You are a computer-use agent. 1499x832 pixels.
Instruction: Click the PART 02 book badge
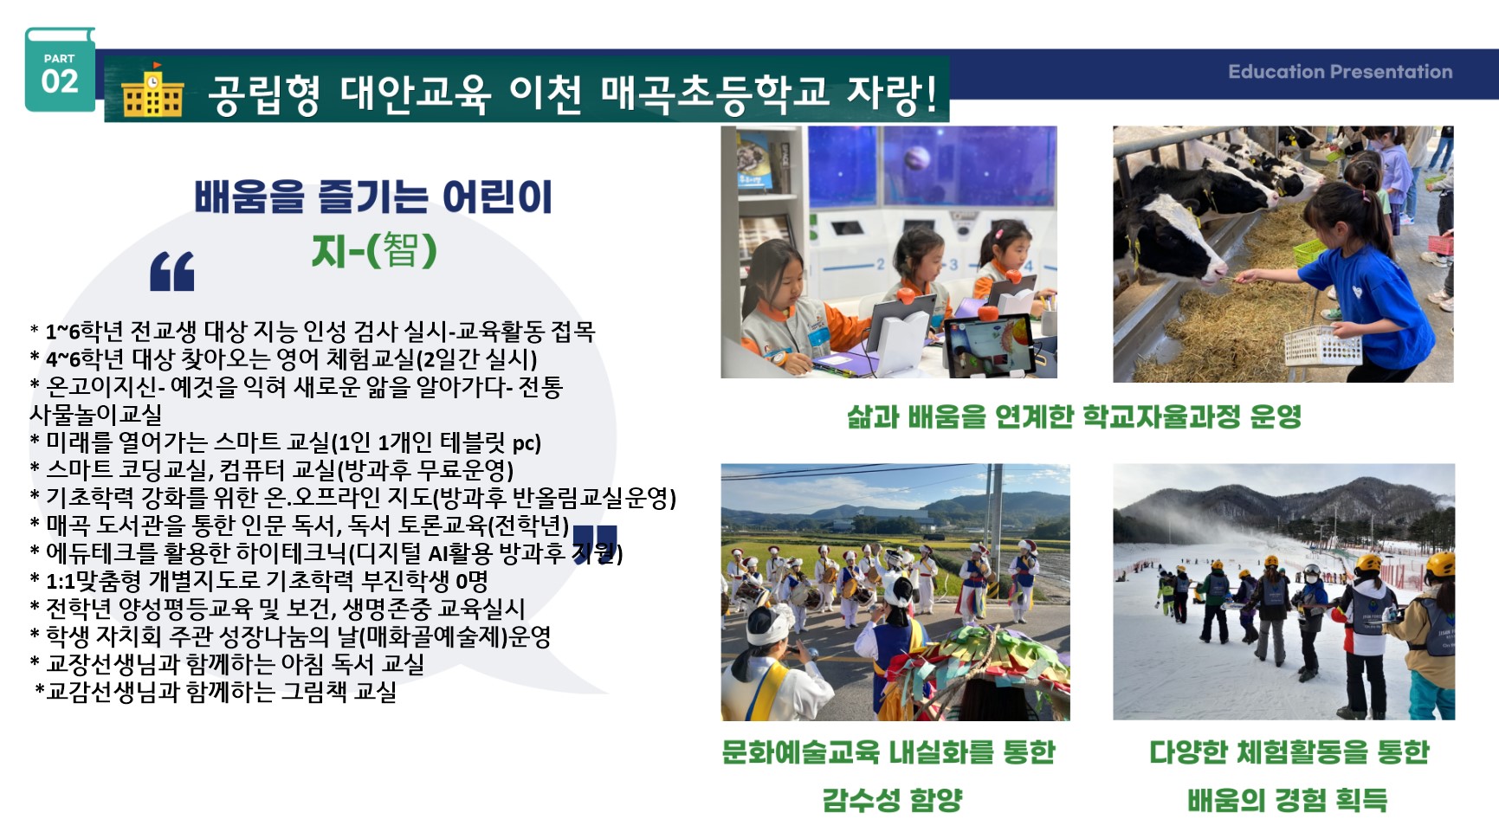click(x=60, y=69)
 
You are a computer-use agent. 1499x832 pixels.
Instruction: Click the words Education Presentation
click(x=1340, y=72)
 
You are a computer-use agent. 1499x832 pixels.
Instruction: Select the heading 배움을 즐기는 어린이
click(x=373, y=197)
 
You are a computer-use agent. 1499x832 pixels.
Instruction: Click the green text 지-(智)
click(x=374, y=250)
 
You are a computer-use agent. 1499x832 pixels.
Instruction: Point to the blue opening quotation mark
click(x=172, y=271)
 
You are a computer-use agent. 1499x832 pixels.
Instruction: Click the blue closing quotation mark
click(x=595, y=544)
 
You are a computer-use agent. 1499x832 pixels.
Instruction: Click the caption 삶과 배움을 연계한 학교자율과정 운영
click(x=1075, y=417)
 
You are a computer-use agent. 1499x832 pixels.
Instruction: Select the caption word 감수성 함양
click(x=892, y=799)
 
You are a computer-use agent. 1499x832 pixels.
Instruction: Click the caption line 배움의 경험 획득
click(x=1287, y=799)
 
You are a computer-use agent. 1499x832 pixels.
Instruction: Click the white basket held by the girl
click(x=1322, y=345)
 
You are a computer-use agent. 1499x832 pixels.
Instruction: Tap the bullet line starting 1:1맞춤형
click(x=259, y=581)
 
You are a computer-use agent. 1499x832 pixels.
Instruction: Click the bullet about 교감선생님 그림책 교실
click(x=216, y=692)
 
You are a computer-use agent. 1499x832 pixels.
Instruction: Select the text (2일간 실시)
click(x=476, y=359)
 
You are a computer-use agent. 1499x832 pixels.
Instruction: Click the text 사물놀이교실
click(x=96, y=415)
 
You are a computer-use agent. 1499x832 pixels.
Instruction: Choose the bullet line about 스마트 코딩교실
click(x=272, y=470)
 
